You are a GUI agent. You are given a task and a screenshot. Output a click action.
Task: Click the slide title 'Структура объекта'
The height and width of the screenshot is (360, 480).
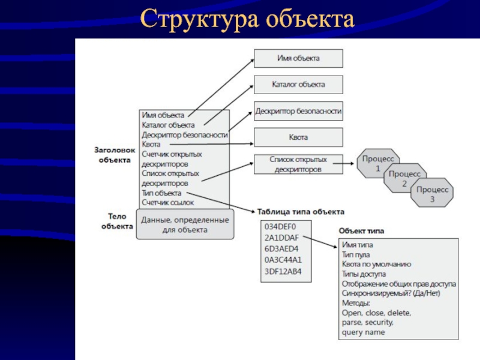pos(247,19)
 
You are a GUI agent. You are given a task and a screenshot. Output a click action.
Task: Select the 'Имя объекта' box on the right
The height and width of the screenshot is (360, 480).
pos(298,58)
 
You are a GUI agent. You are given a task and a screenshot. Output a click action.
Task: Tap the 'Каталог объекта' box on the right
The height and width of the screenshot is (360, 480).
pos(298,85)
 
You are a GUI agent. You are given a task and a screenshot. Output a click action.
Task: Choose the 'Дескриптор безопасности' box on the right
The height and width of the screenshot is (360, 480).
pos(298,111)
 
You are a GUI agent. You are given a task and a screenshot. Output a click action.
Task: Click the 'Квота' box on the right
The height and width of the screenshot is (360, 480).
pos(298,137)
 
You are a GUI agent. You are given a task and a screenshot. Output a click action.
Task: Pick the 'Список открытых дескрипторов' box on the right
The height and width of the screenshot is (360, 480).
pos(298,164)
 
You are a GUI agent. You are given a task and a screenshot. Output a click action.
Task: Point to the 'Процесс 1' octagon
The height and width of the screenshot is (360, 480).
pos(378,163)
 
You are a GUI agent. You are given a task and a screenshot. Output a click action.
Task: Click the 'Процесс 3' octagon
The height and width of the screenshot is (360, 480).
pos(432,193)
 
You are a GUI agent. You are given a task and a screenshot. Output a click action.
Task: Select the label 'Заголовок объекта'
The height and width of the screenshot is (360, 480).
pos(115,155)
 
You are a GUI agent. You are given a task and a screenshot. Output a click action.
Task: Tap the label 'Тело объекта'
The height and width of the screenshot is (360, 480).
pos(117,221)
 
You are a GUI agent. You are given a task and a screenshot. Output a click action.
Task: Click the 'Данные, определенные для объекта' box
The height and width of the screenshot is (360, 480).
pos(185,224)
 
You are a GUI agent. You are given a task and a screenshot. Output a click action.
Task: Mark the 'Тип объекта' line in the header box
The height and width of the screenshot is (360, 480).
pos(161,193)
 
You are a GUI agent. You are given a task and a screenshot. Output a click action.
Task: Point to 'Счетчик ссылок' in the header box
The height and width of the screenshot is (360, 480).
pos(168,203)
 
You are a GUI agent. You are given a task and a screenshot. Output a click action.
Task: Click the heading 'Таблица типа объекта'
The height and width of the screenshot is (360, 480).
pos(301,212)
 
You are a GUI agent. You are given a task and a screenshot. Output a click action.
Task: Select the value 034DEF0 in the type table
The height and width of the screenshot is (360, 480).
pos(280,227)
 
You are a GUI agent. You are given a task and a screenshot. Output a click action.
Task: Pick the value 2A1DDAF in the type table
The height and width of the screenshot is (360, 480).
pos(281,238)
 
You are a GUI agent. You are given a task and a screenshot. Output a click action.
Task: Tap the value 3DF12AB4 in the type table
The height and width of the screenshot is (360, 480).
pos(283,272)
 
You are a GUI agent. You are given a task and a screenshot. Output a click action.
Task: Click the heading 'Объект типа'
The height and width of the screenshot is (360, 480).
pos(361,231)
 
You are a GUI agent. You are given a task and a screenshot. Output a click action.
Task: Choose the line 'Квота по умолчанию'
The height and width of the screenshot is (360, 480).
pos(377,264)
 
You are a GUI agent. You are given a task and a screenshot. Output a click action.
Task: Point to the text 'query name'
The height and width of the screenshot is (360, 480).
pos(364,332)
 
